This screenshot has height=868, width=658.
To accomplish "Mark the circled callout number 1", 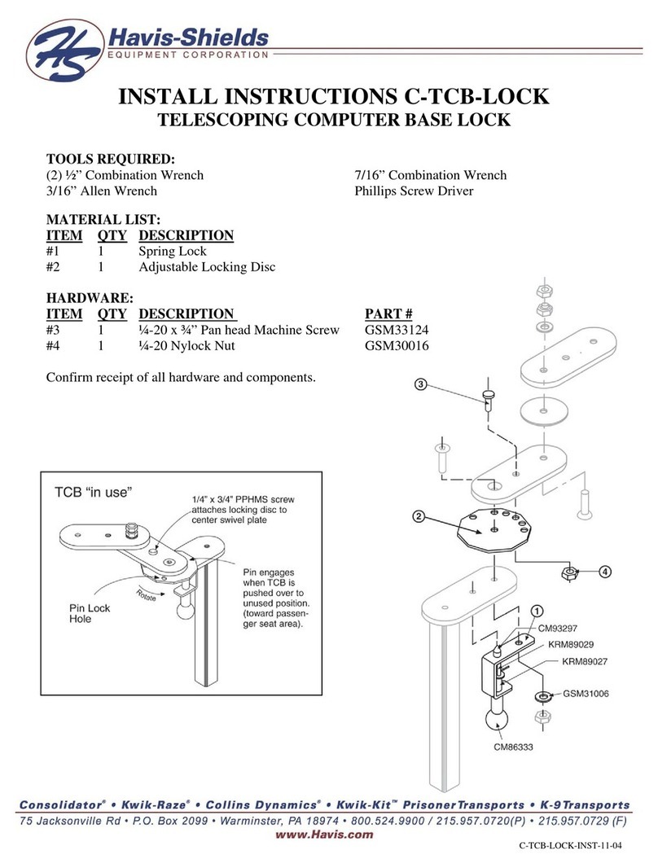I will pyautogui.click(x=537, y=610).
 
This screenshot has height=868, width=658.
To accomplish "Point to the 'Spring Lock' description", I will pyautogui.click(x=173, y=252).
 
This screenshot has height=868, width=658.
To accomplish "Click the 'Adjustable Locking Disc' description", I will pyautogui.click(x=207, y=268).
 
